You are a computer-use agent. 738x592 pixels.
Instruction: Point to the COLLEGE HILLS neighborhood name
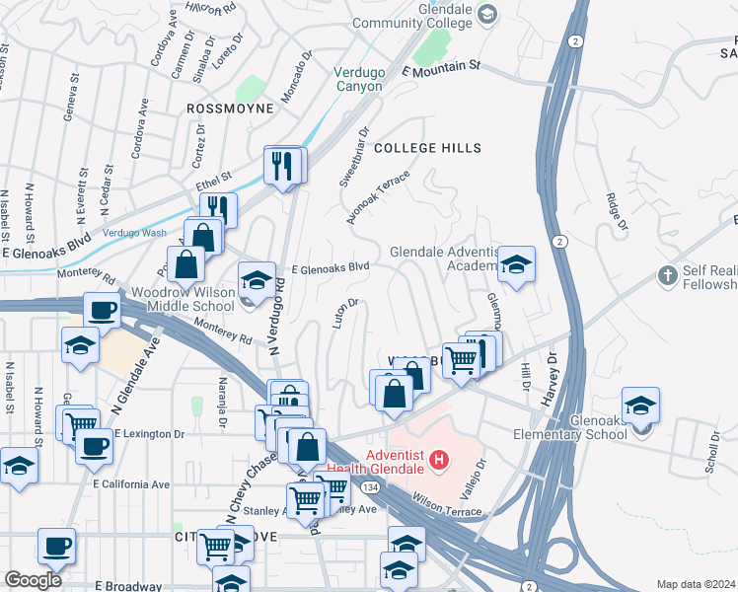[427, 148]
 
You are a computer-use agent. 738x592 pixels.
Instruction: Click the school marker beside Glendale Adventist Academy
[516, 264]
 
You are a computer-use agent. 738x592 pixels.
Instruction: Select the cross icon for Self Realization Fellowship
[668, 274]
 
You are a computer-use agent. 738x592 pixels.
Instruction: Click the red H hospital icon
[439, 460]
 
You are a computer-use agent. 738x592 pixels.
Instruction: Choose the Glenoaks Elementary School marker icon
[640, 406]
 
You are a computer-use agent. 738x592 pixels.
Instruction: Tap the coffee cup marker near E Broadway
[56, 545]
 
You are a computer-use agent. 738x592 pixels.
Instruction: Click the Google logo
[34, 580]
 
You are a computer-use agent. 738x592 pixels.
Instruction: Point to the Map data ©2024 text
[696, 584]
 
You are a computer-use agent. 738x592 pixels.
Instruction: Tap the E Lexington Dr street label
[149, 433]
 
